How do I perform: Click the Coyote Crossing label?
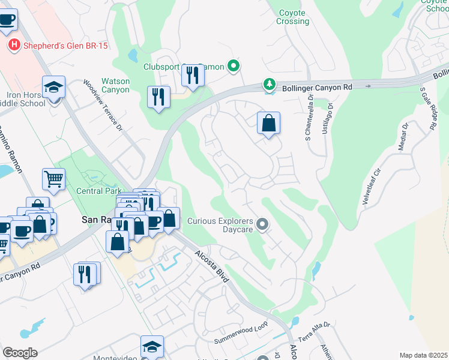(x=292, y=17)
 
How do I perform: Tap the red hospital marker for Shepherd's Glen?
(x=14, y=44)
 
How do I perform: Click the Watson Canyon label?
(x=115, y=85)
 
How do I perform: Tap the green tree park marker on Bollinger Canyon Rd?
(x=270, y=85)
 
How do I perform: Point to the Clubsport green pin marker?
(x=234, y=67)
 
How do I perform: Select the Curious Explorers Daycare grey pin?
(x=262, y=225)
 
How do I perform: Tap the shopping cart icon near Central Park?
(x=53, y=179)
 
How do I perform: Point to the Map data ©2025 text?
(x=423, y=355)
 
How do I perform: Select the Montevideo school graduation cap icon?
(x=152, y=346)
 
